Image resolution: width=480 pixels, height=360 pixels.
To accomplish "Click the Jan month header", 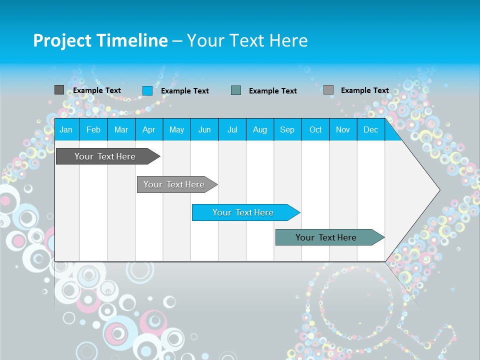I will tap(66, 129).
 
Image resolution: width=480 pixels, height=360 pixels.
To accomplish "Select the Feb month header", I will tap(93, 129).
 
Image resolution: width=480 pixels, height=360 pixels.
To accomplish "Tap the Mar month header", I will tap(121, 129).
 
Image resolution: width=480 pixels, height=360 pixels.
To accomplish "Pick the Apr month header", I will tap(149, 129).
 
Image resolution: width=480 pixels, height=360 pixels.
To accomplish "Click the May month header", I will tap(176, 129).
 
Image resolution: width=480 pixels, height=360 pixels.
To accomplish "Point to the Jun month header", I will tap(204, 129).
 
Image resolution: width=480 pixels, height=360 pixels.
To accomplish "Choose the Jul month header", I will tap(232, 129).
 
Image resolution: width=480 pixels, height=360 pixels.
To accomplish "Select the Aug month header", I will tap(260, 129).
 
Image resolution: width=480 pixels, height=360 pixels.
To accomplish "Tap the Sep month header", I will tap(287, 129).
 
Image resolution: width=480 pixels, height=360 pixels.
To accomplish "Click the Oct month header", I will tap(315, 129).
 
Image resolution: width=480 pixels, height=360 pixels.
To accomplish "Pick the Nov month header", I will tap(343, 129).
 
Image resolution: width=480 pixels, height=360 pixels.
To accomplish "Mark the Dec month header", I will tap(371, 129).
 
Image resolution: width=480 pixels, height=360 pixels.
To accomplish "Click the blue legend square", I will tap(147, 90).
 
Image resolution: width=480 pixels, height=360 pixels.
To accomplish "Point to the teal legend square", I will tap(236, 90).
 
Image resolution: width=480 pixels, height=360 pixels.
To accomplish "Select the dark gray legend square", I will tap(59, 90).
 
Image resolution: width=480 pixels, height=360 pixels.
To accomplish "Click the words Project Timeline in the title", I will tap(100, 40).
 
